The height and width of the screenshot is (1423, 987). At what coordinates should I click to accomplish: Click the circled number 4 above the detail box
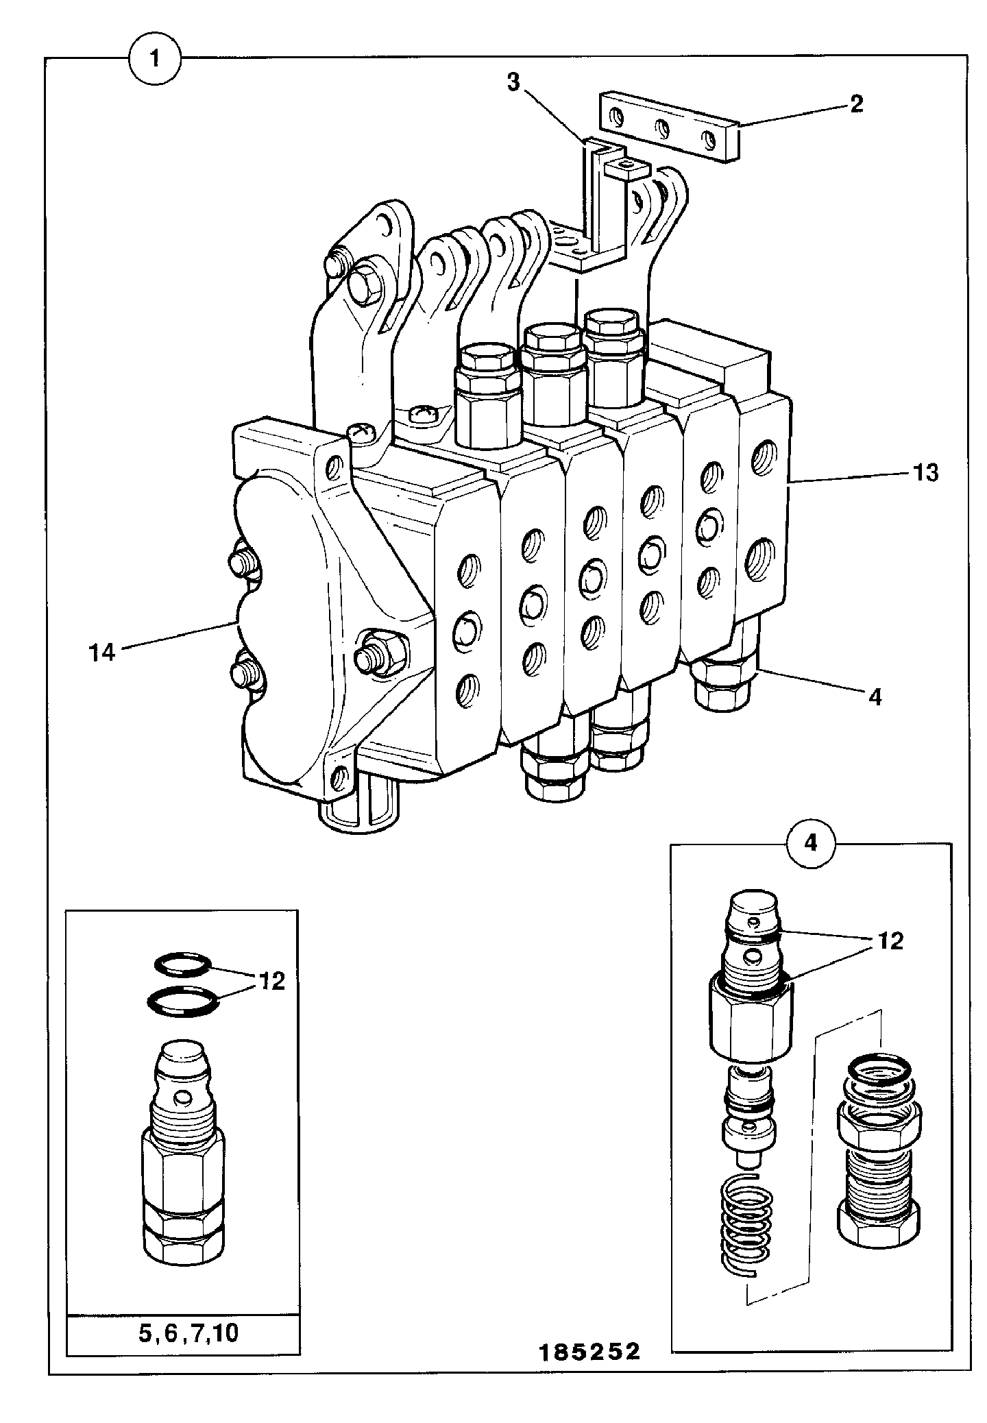point(811,842)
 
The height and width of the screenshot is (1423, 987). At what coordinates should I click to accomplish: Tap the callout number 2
point(855,104)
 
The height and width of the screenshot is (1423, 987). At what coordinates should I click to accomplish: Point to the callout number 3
point(513,82)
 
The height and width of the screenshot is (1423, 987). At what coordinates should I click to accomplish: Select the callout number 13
point(925,472)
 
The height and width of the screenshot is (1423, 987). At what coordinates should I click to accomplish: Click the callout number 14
point(102,652)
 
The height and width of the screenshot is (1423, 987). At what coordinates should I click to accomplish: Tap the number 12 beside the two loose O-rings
point(271,982)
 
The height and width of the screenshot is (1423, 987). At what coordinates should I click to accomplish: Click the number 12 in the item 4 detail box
point(889,941)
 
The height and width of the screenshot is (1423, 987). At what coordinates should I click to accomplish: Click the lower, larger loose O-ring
point(183,1001)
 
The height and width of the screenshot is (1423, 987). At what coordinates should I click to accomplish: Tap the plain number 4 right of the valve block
point(875,697)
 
